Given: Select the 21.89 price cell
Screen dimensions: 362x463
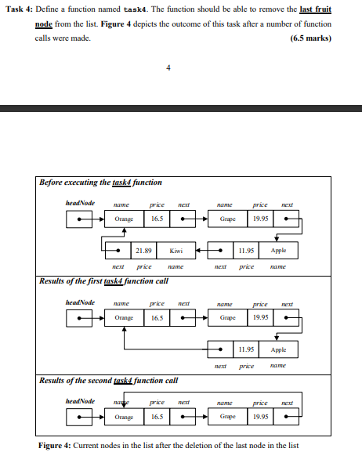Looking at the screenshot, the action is click(x=143, y=251).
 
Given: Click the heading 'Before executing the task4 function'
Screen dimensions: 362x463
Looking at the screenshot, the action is click(x=101, y=183).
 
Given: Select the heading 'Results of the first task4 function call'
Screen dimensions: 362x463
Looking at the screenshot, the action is click(x=103, y=280).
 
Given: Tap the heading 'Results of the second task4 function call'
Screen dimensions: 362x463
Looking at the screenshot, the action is click(x=109, y=381).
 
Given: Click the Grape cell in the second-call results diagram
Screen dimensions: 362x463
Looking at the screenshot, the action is click(x=229, y=418).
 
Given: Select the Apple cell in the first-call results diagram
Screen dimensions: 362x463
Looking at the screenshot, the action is click(x=280, y=349).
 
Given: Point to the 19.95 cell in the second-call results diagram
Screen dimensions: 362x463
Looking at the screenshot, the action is click(x=260, y=418).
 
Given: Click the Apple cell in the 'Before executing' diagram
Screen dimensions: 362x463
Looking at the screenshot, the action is click(x=279, y=251).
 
